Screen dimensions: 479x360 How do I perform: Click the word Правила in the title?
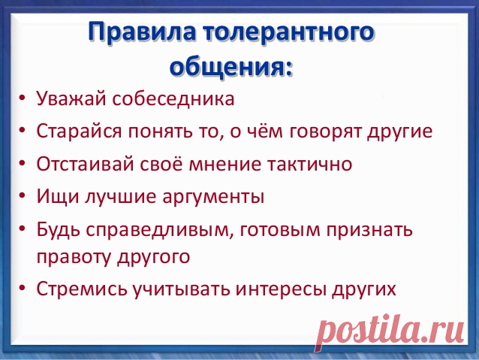[x=142, y=32]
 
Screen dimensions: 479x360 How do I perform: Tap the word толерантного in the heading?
[x=289, y=32]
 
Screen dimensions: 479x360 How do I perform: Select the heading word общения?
[x=231, y=65]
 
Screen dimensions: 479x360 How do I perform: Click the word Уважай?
[x=71, y=98]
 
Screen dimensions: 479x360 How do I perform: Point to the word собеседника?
[x=173, y=98]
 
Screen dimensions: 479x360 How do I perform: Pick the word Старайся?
[x=79, y=132]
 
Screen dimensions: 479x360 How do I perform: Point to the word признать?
[x=369, y=230]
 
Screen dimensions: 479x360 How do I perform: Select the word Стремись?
[x=82, y=289]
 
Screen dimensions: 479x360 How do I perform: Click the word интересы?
[x=281, y=289]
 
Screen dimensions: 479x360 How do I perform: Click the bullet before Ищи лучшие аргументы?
[x=22, y=196]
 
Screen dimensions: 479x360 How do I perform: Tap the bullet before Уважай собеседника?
[x=22, y=98]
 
